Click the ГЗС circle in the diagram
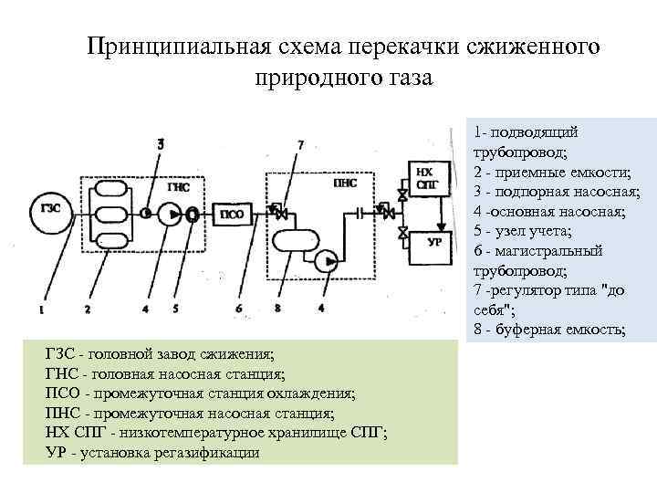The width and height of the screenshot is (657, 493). click(x=51, y=208)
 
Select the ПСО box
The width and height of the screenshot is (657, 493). click(x=230, y=215)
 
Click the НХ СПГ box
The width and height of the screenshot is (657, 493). click(x=425, y=176)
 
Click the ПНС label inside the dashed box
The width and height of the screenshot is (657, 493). click(x=345, y=183)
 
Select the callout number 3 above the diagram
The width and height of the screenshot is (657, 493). click(x=161, y=143)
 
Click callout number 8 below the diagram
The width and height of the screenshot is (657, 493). click(x=276, y=309)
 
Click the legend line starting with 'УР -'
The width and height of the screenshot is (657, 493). click(x=151, y=453)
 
